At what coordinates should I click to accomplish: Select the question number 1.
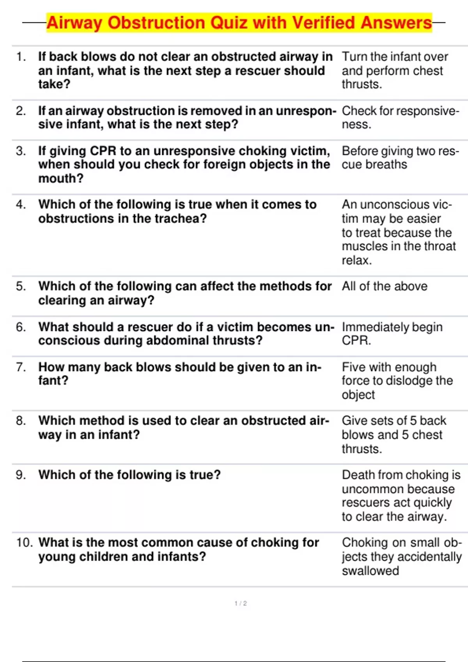21,57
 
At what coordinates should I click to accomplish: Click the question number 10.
24,542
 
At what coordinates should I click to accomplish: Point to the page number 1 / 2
241,603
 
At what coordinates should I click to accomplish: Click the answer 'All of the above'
385,286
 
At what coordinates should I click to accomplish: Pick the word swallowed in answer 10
370,570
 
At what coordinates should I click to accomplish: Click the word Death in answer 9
358,475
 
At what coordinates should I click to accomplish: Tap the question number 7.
21,367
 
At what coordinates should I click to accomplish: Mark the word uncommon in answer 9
365,489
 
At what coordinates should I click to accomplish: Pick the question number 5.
21,286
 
